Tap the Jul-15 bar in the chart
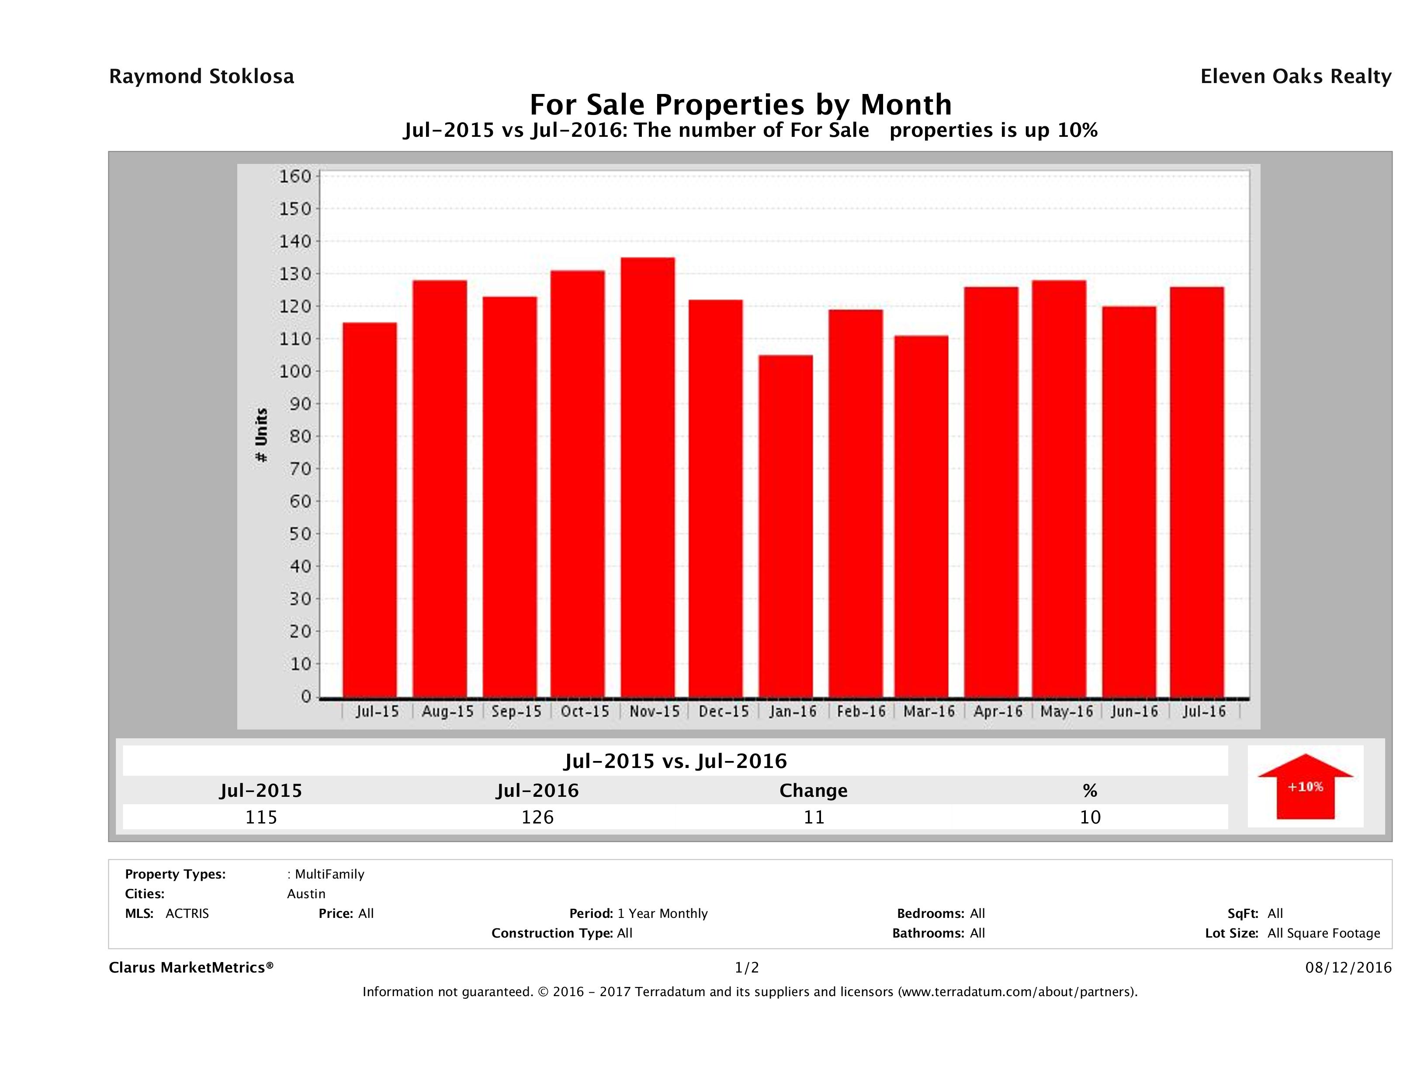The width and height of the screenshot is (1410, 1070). coord(370,510)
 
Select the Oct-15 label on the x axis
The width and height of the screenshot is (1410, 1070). coord(585,712)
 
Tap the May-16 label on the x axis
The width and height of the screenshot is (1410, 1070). coord(1067,712)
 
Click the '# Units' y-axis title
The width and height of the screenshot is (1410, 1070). coord(261,435)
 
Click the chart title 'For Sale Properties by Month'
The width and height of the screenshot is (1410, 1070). coord(741,104)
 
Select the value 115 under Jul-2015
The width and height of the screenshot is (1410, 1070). coord(261,817)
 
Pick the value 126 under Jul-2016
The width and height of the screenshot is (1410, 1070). coord(537,817)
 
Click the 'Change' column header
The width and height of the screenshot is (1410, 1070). coord(814,791)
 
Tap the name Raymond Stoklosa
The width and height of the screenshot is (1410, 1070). coord(201,76)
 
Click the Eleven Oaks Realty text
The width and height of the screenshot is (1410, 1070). coord(1295,76)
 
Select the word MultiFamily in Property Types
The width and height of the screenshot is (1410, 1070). coord(329,874)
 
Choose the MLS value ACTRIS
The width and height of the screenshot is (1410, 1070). coord(187,914)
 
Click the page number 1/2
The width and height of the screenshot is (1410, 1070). coord(746,968)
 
